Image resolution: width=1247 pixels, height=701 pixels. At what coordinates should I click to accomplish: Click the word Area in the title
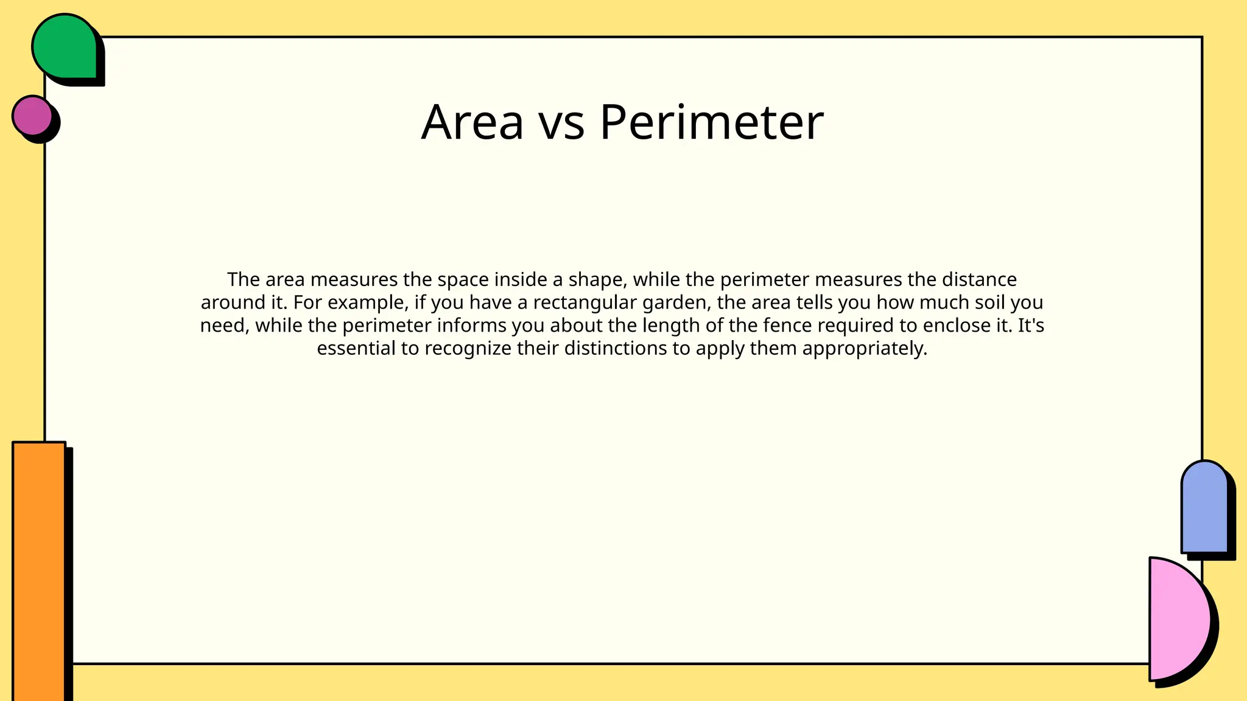tap(472, 122)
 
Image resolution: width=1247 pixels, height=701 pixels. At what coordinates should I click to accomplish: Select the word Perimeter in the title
tap(711, 122)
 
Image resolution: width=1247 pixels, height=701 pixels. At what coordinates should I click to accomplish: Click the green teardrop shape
tap(64, 47)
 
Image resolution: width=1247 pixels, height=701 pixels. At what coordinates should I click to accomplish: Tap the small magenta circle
tap(33, 115)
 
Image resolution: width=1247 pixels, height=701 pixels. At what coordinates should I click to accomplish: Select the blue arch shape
tap(1204, 507)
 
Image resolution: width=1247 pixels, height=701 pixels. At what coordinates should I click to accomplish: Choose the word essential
tap(356, 348)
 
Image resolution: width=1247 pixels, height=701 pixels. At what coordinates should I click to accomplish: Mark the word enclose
tap(956, 326)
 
